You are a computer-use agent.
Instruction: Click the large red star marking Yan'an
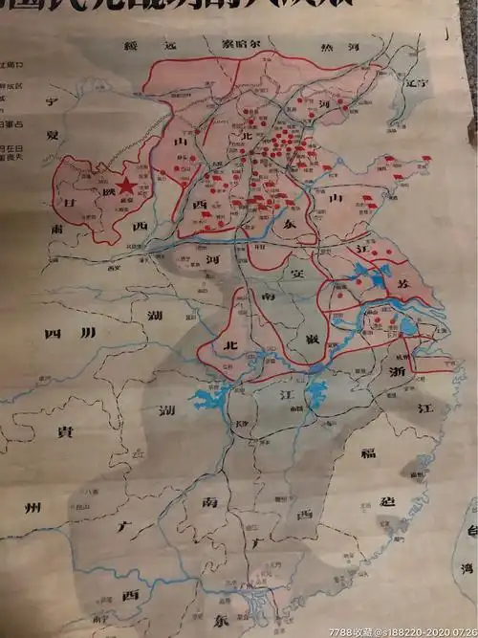click(x=123, y=187)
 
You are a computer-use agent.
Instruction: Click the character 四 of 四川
click(x=51, y=334)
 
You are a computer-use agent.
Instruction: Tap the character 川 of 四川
click(x=88, y=334)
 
